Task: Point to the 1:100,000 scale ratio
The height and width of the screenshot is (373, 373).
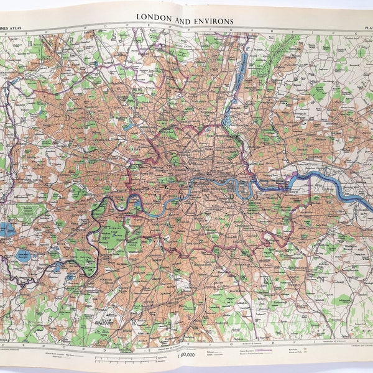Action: pos(185,356)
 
